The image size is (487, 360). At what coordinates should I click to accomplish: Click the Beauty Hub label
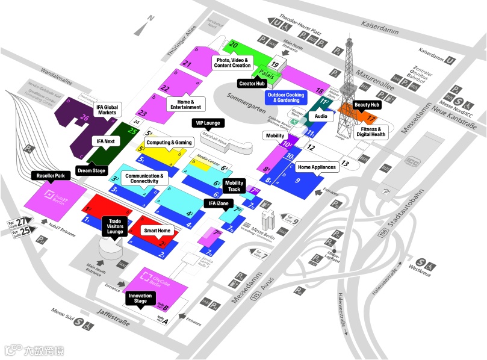click(367, 105)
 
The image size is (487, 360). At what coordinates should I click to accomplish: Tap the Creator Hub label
click(252, 84)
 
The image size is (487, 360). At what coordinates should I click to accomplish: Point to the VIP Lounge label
click(208, 123)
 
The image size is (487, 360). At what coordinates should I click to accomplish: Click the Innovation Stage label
click(140, 299)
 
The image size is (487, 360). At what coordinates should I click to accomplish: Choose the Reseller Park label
click(51, 175)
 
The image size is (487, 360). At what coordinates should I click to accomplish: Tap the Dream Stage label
click(92, 170)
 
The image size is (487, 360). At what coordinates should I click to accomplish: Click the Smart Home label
click(156, 231)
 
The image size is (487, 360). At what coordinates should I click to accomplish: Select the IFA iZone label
click(218, 203)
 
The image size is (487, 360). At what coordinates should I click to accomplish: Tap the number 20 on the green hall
click(234, 45)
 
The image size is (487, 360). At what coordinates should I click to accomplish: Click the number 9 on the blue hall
click(297, 180)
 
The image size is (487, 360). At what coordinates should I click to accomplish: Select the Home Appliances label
click(316, 167)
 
